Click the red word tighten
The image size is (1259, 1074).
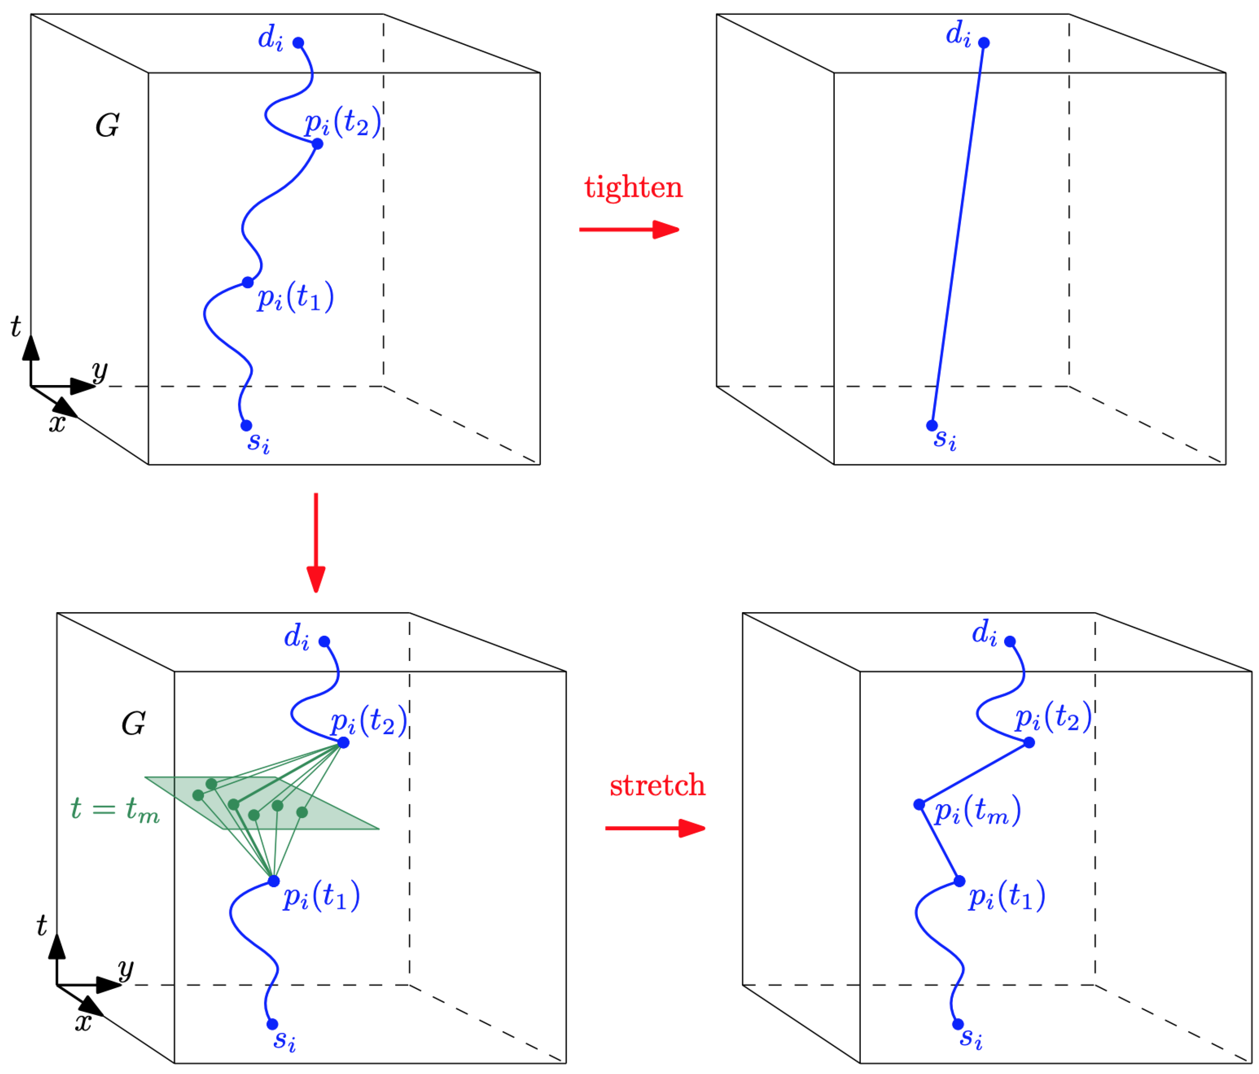point(633,186)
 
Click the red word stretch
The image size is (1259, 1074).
point(657,786)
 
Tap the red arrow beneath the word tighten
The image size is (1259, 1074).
point(629,229)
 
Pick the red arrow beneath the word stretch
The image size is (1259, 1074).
point(655,828)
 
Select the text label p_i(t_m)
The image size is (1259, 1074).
point(977,811)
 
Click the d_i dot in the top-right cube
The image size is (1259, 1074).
point(984,43)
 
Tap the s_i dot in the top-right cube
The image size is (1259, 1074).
point(932,425)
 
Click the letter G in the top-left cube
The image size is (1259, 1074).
point(108,126)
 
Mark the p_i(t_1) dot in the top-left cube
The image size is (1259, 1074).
point(248,282)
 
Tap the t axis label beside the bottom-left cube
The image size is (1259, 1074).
point(41,925)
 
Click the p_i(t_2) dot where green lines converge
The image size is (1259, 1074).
point(343,742)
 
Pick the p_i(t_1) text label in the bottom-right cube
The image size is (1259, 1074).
point(1007,896)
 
